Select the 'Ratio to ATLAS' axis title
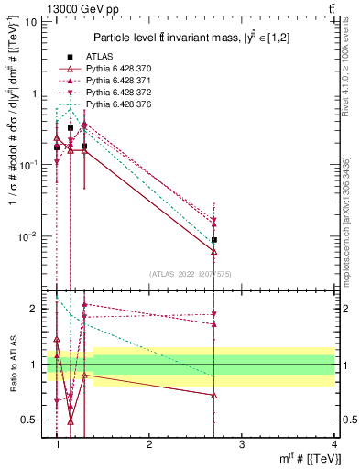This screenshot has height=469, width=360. click(15, 364)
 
